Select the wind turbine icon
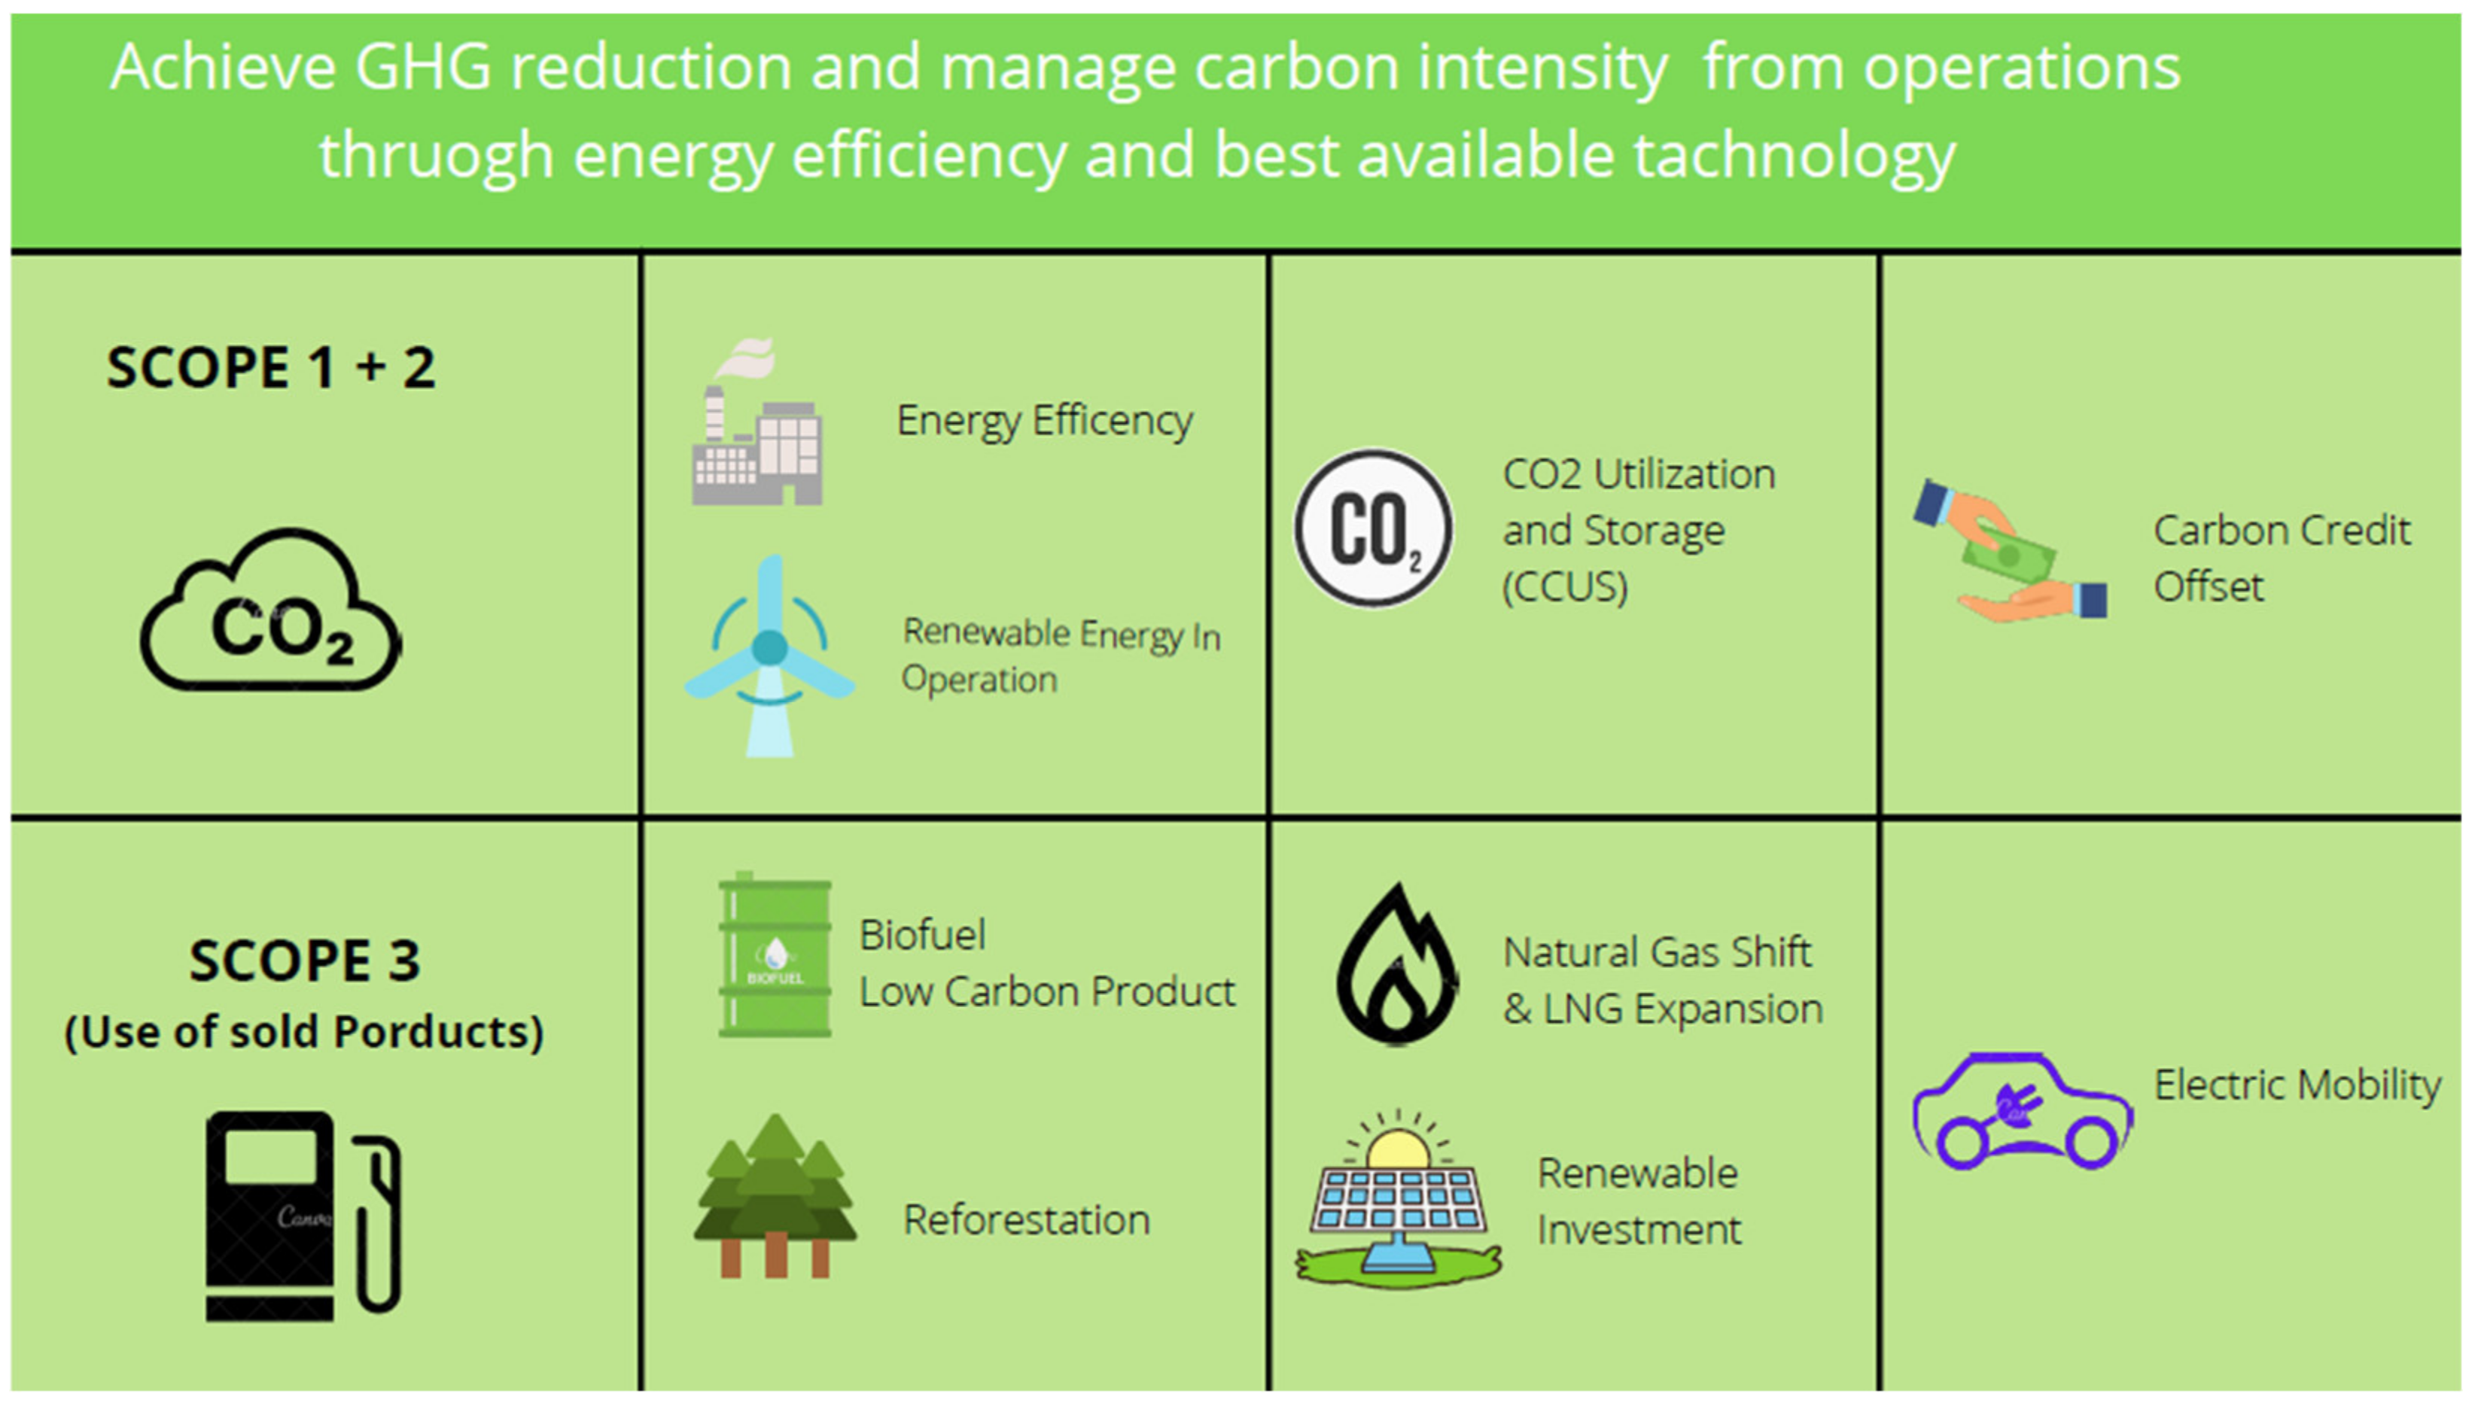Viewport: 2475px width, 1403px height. pos(769,656)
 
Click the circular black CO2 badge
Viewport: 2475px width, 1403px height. pos(1373,529)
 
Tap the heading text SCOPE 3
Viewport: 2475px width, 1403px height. pos(304,960)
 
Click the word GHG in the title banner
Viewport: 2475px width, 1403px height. pos(423,68)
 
